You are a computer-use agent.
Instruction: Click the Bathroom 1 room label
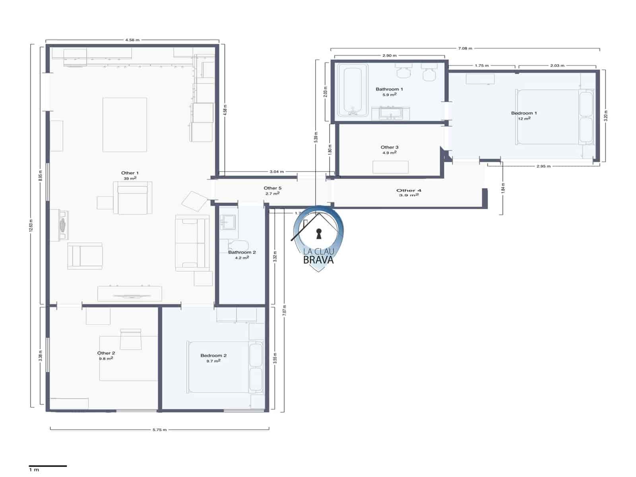[x=389, y=89]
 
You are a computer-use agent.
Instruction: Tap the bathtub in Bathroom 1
[x=353, y=91]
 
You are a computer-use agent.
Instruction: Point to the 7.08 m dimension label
[x=465, y=48]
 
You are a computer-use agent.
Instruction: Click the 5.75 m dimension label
[x=159, y=430]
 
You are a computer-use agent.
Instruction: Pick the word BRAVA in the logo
[x=318, y=260]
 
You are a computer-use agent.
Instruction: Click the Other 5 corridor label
[x=272, y=188]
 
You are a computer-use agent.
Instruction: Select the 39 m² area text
[x=130, y=178]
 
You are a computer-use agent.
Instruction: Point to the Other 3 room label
[x=389, y=147]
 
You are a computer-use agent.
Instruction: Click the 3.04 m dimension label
[x=277, y=172]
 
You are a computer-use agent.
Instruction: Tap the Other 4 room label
[x=409, y=190]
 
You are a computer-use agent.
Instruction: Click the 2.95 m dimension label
[x=543, y=166]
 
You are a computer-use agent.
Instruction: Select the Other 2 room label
[x=106, y=353]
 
